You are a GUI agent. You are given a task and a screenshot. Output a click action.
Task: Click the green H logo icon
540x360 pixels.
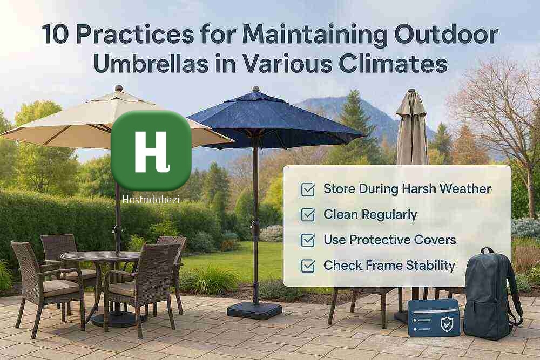point(151,151)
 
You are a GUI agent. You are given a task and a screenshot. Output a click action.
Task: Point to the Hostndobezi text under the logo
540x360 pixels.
point(151,200)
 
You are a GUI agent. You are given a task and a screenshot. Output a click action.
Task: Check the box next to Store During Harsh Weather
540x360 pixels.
point(308,189)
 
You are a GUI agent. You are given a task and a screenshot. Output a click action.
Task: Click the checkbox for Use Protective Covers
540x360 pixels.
point(308,241)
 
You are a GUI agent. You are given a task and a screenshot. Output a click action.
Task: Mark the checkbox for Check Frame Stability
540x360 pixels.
point(308,266)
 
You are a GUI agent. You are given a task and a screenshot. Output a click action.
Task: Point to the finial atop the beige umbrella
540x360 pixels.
point(119,88)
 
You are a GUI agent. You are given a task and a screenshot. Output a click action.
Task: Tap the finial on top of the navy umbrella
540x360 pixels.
point(255,89)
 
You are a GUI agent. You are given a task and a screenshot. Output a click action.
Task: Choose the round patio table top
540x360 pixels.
point(100,256)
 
